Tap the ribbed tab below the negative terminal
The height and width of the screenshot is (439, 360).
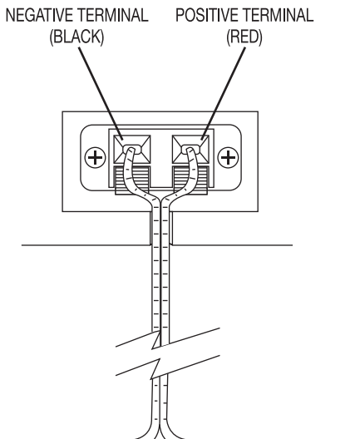(133, 179)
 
